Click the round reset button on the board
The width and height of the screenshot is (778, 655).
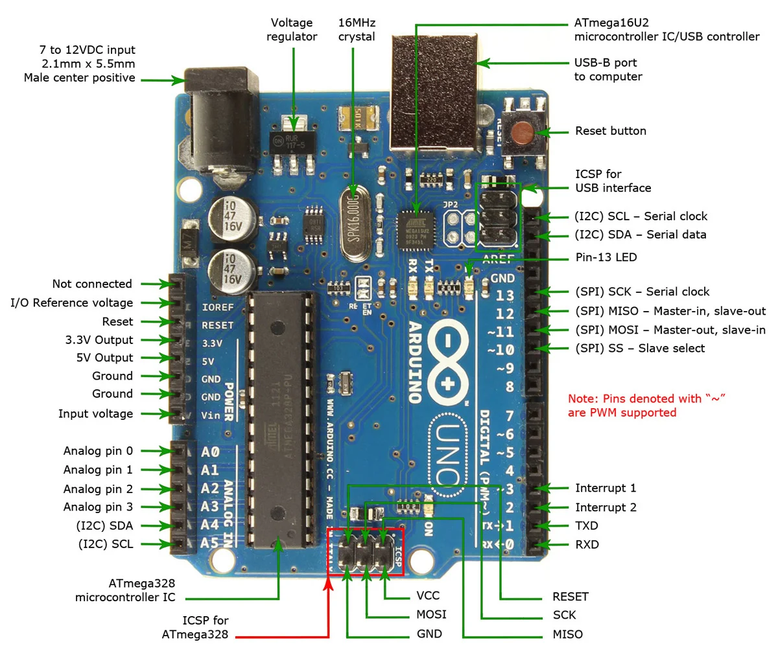click(523, 133)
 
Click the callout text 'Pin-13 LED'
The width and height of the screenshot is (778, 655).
click(606, 257)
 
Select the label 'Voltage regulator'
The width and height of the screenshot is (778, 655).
click(292, 30)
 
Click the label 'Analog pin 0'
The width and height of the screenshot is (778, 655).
click(98, 451)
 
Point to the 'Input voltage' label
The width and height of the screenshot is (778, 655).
click(95, 413)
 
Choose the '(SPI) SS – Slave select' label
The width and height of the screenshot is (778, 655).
click(639, 348)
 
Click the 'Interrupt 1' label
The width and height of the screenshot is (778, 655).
click(605, 488)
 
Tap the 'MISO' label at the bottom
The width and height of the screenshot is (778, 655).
click(567, 634)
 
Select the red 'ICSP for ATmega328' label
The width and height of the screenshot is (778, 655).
click(195, 627)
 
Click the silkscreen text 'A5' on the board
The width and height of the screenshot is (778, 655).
click(209, 543)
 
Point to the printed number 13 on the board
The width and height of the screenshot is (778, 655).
click(504, 295)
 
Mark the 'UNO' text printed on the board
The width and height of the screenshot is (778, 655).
click(448, 454)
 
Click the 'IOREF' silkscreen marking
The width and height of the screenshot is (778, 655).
click(217, 307)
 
